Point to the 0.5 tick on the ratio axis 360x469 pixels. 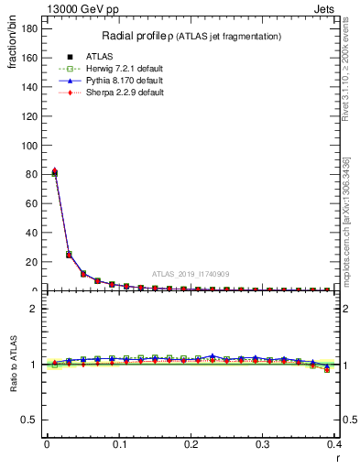pyautogui.click(x=29, y=420)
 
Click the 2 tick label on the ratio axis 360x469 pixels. pyautogui.click(x=34, y=309)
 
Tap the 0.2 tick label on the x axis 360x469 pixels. pyautogui.click(x=190, y=443)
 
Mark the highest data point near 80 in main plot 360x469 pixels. pyautogui.click(x=54, y=172)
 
